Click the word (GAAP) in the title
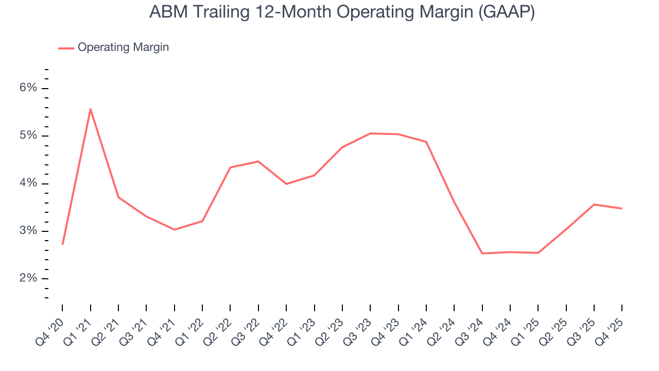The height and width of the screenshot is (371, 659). [506, 12]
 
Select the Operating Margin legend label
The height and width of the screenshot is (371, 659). [123, 47]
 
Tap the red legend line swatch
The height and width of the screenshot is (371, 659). [66, 48]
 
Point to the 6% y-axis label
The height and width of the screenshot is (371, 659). [29, 88]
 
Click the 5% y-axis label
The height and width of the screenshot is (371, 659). [29, 136]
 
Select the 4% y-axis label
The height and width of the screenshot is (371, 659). [29, 183]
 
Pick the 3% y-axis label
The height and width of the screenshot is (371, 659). [29, 231]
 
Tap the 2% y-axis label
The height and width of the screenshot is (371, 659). [29, 279]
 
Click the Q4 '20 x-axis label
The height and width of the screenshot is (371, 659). [50, 330]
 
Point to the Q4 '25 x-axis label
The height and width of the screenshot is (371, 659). [610, 330]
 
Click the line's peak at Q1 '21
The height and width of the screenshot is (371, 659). [91, 109]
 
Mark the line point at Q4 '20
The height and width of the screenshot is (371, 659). [63, 244]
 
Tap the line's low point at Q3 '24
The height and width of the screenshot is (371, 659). [482, 254]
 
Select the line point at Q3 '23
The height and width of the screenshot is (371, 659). [370, 133]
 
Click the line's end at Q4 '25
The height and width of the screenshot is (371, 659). [622, 208]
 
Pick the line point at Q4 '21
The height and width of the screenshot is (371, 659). [175, 229]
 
